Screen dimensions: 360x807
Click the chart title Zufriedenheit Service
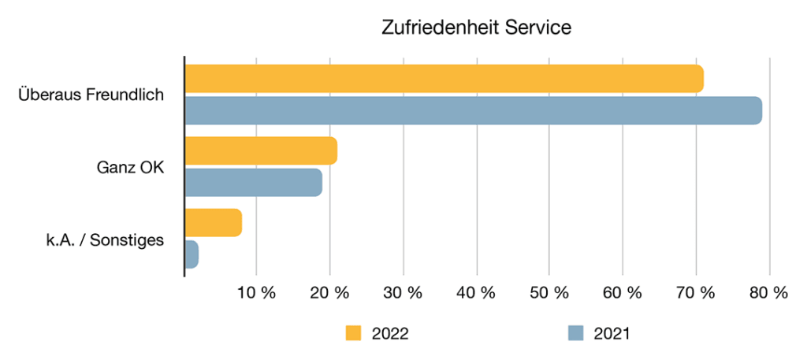click(x=475, y=27)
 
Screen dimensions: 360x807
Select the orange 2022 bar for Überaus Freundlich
click(x=444, y=79)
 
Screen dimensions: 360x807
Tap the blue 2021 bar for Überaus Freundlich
click(x=473, y=110)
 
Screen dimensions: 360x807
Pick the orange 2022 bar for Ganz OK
click(x=261, y=150)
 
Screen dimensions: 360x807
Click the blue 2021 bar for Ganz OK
click(x=253, y=182)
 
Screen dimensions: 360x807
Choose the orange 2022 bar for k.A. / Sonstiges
click(x=213, y=223)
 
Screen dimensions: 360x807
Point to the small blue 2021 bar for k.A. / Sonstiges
click(x=192, y=254)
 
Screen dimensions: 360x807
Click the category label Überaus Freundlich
click(x=91, y=95)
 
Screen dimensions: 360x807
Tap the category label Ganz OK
click(x=130, y=167)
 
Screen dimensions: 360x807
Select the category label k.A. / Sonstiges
click(x=104, y=239)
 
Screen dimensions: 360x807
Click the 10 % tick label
click(x=257, y=293)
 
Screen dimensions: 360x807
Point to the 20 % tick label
click(x=329, y=293)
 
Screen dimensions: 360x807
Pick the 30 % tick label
click(x=403, y=293)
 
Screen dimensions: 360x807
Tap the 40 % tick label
click(x=476, y=293)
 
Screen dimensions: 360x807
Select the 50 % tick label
click(x=549, y=293)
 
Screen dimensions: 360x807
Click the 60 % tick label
click(x=623, y=293)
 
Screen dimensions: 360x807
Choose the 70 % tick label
click(x=696, y=293)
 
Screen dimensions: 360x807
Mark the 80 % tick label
click(x=768, y=293)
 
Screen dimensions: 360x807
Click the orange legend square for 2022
click(x=353, y=333)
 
